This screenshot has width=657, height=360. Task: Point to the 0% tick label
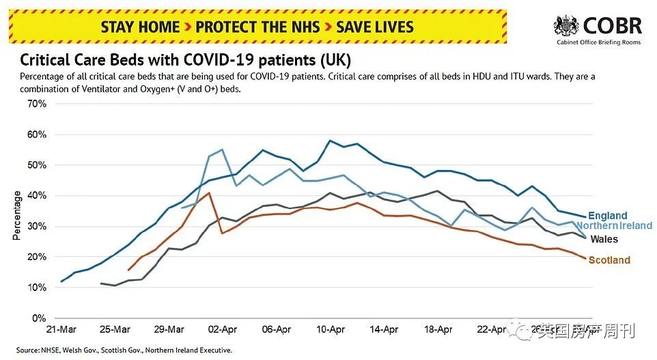coord(39,318)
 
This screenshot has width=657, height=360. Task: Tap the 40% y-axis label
coord(36,196)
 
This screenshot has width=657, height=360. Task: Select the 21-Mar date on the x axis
coord(61,329)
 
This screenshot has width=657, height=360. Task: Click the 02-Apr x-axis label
coord(223,329)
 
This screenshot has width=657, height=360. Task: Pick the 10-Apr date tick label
coord(331,329)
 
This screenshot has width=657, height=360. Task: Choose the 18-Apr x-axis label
coord(438,329)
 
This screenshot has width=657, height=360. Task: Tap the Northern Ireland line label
coord(615,226)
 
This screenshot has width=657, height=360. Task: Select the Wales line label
coord(604,239)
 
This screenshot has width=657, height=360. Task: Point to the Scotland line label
coord(609,260)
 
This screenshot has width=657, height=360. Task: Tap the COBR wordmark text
coord(612,26)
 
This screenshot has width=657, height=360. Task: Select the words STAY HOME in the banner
coord(140,27)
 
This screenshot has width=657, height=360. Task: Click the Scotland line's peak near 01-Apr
coord(209,193)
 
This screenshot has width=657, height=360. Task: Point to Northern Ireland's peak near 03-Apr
coord(222,149)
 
